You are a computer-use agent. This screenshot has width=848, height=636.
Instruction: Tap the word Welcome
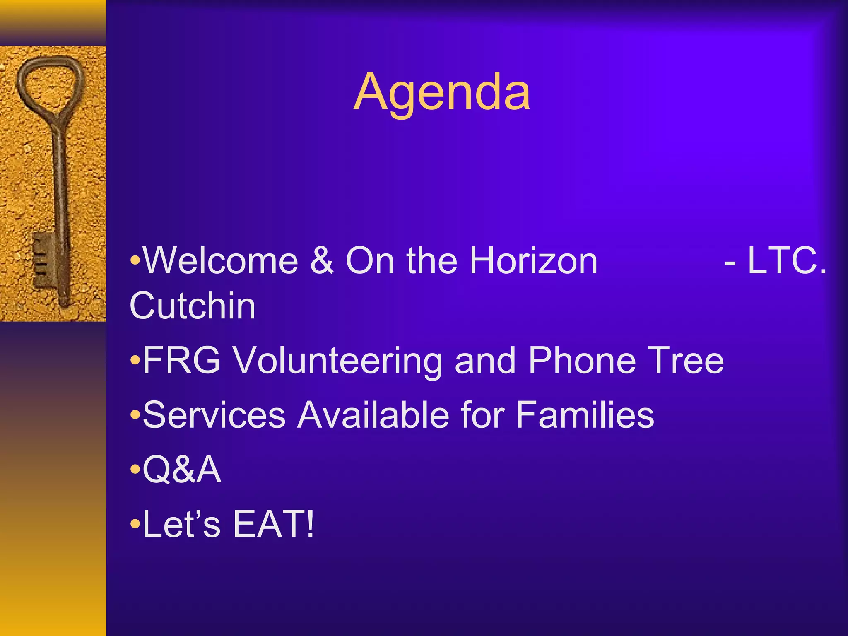pyautogui.click(x=220, y=261)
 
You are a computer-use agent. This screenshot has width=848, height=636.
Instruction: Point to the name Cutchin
pyautogui.click(x=193, y=306)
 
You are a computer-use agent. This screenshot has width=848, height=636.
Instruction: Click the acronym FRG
pyautogui.click(x=181, y=361)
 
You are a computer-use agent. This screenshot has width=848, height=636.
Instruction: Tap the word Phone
pyautogui.click(x=582, y=361)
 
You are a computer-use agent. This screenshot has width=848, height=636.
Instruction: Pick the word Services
pyautogui.click(x=214, y=415)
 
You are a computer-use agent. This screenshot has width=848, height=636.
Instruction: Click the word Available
pyautogui.click(x=373, y=415)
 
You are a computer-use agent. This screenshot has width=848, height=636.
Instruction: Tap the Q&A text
pyautogui.click(x=182, y=470)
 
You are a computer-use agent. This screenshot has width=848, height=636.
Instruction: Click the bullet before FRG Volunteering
pyautogui.click(x=135, y=361)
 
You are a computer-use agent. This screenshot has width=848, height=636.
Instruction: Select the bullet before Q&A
pyautogui.click(x=135, y=470)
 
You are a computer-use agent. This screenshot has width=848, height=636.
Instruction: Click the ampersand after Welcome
pyautogui.click(x=322, y=261)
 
